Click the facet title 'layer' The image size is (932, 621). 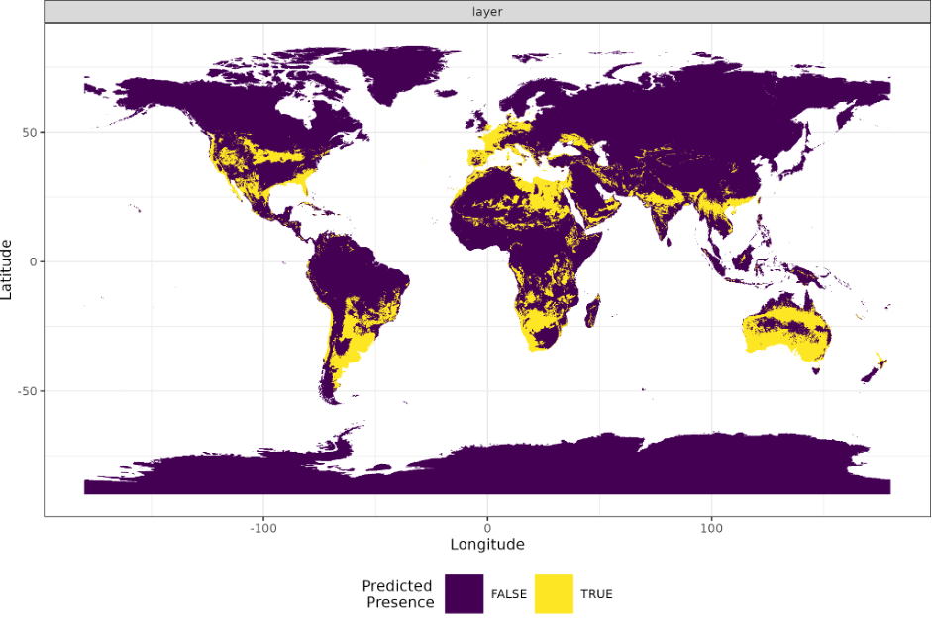tap(486, 11)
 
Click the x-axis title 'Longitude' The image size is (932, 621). tap(486, 544)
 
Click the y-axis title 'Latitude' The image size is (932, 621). tap(8, 269)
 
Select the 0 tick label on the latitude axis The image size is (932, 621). tap(33, 261)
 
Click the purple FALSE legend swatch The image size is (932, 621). tap(464, 593)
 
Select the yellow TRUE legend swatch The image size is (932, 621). tap(554, 593)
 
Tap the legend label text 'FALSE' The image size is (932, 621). tap(509, 594)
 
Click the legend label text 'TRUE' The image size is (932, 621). tap(596, 594)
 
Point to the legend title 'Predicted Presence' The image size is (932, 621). tap(398, 593)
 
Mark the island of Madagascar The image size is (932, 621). tap(593, 311)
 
